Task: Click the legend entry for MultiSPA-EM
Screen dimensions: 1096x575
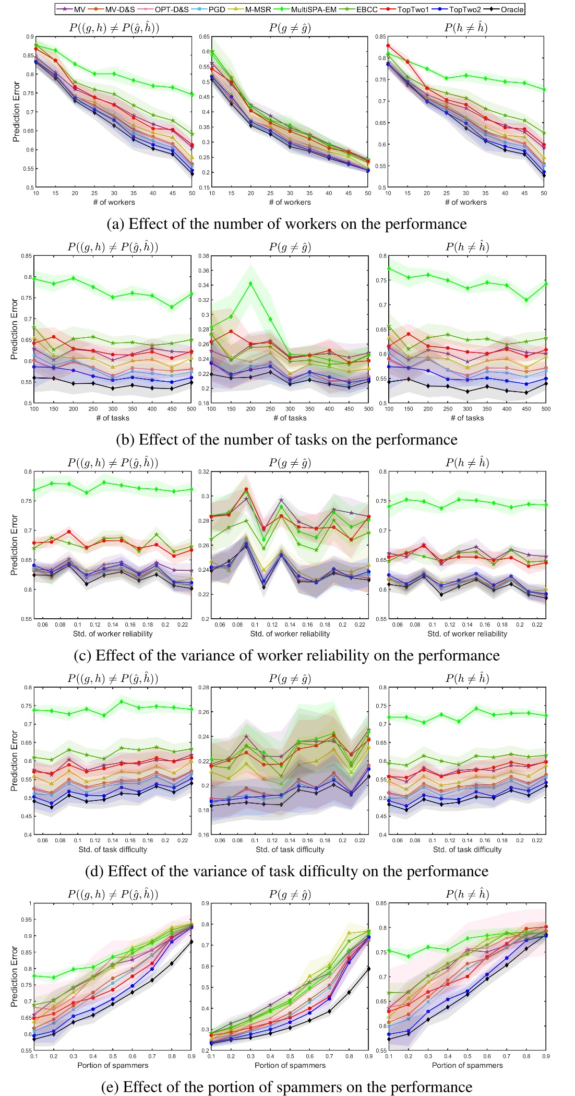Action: (313, 9)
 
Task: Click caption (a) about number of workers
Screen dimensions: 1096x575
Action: (286, 224)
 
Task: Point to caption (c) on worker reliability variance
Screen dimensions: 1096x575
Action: (286, 655)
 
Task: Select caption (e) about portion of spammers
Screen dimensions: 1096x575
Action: (286, 1087)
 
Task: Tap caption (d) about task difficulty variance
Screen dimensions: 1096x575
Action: (286, 871)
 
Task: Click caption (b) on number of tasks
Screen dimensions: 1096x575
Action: (286, 440)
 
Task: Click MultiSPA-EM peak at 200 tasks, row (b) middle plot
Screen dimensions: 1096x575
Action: (251, 283)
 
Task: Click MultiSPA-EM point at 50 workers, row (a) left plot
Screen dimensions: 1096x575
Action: (192, 95)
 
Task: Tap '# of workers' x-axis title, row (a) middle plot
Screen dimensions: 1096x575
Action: (290, 203)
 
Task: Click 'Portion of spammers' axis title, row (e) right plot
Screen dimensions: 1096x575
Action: (467, 1065)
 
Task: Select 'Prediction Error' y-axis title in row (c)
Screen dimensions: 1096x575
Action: (15, 545)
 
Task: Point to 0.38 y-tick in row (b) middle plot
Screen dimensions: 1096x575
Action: (204, 256)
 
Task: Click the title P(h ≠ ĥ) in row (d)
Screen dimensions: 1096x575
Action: (467, 678)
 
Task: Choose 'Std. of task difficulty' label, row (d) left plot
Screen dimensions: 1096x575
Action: (113, 850)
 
